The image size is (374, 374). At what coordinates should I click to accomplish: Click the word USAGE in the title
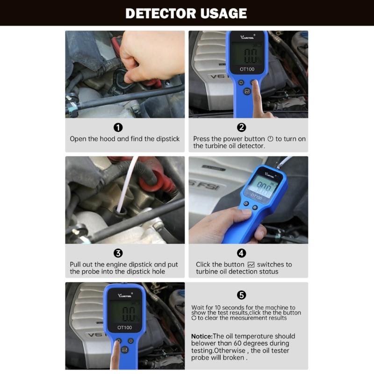(219, 13)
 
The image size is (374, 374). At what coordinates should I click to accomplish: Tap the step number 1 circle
(118, 127)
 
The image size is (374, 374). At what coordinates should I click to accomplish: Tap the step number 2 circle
(242, 127)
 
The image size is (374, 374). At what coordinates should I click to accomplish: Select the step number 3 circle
(118, 253)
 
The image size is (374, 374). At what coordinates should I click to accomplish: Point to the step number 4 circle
(242, 253)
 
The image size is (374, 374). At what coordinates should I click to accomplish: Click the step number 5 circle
(242, 295)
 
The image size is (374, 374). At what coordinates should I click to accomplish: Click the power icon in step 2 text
(270, 139)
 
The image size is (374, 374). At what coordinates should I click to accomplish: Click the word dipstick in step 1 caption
(166, 139)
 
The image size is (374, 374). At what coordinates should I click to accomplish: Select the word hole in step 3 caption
(157, 272)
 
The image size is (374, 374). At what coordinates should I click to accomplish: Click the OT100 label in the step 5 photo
(125, 328)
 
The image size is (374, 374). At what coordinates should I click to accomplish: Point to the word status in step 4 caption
(268, 272)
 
